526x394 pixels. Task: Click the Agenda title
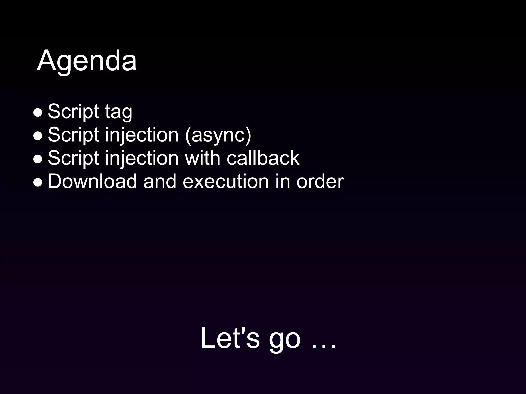pyautogui.click(x=87, y=61)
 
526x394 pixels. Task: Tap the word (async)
pyautogui.click(x=218, y=135)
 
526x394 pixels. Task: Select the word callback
pyautogui.click(x=263, y=158)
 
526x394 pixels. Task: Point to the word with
pyautogui.click(x=202, y=158)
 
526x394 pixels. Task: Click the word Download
pyautogui.click(x=92, y=181)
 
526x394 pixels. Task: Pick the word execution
pyautogui.click(x=226, y=181)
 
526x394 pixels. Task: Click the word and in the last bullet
pyautogui.click(x=159, y=181)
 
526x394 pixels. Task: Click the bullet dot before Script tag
pyautogui.click(x=38, y=113)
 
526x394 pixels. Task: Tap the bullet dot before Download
pyautogui.click(x=38, y=182)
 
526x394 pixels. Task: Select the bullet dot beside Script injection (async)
pyautogui.click(x=38, y=136)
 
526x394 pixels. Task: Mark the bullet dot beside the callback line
pyautogui.click(x=38, y=159)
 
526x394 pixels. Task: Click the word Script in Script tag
pyautogui.click(x=73, y=112)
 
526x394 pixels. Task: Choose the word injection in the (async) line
pyautogui.click(x=142, y=135)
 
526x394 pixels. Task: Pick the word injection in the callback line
pyautogui.click(x=142, y=158)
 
